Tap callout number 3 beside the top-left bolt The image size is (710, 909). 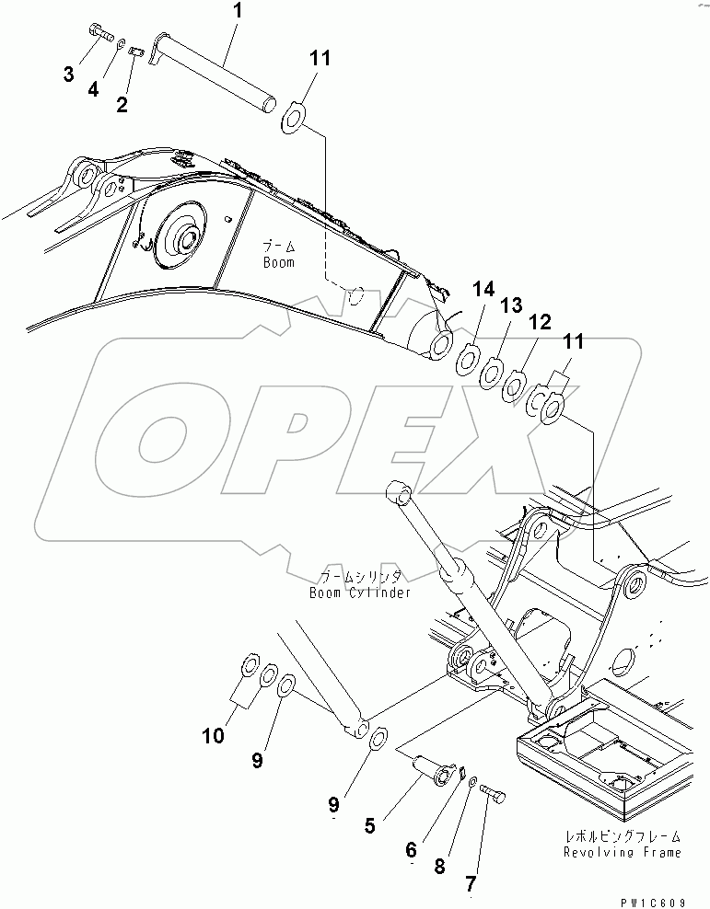tap(69, 75)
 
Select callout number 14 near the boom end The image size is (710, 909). tap(483, 292)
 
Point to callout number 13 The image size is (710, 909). tap(510, 305)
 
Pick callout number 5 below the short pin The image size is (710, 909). tap(369, 825)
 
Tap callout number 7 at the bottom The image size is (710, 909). tap(471, 884)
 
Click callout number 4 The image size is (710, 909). tap(93, 88)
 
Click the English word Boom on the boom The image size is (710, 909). tap(277, 263)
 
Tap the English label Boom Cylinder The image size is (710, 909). tap(360, 593)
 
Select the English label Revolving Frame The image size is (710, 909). tap(623, 852)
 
